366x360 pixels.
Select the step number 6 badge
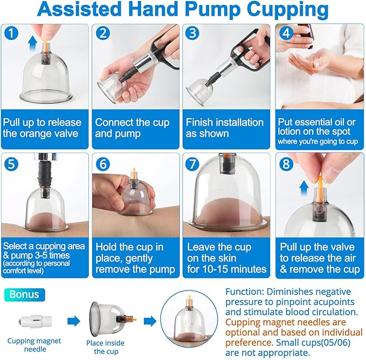[103, 163]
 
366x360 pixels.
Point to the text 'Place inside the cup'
[105, 347]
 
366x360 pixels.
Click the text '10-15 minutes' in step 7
[226, 269]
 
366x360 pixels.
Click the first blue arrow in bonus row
[73, 322]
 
